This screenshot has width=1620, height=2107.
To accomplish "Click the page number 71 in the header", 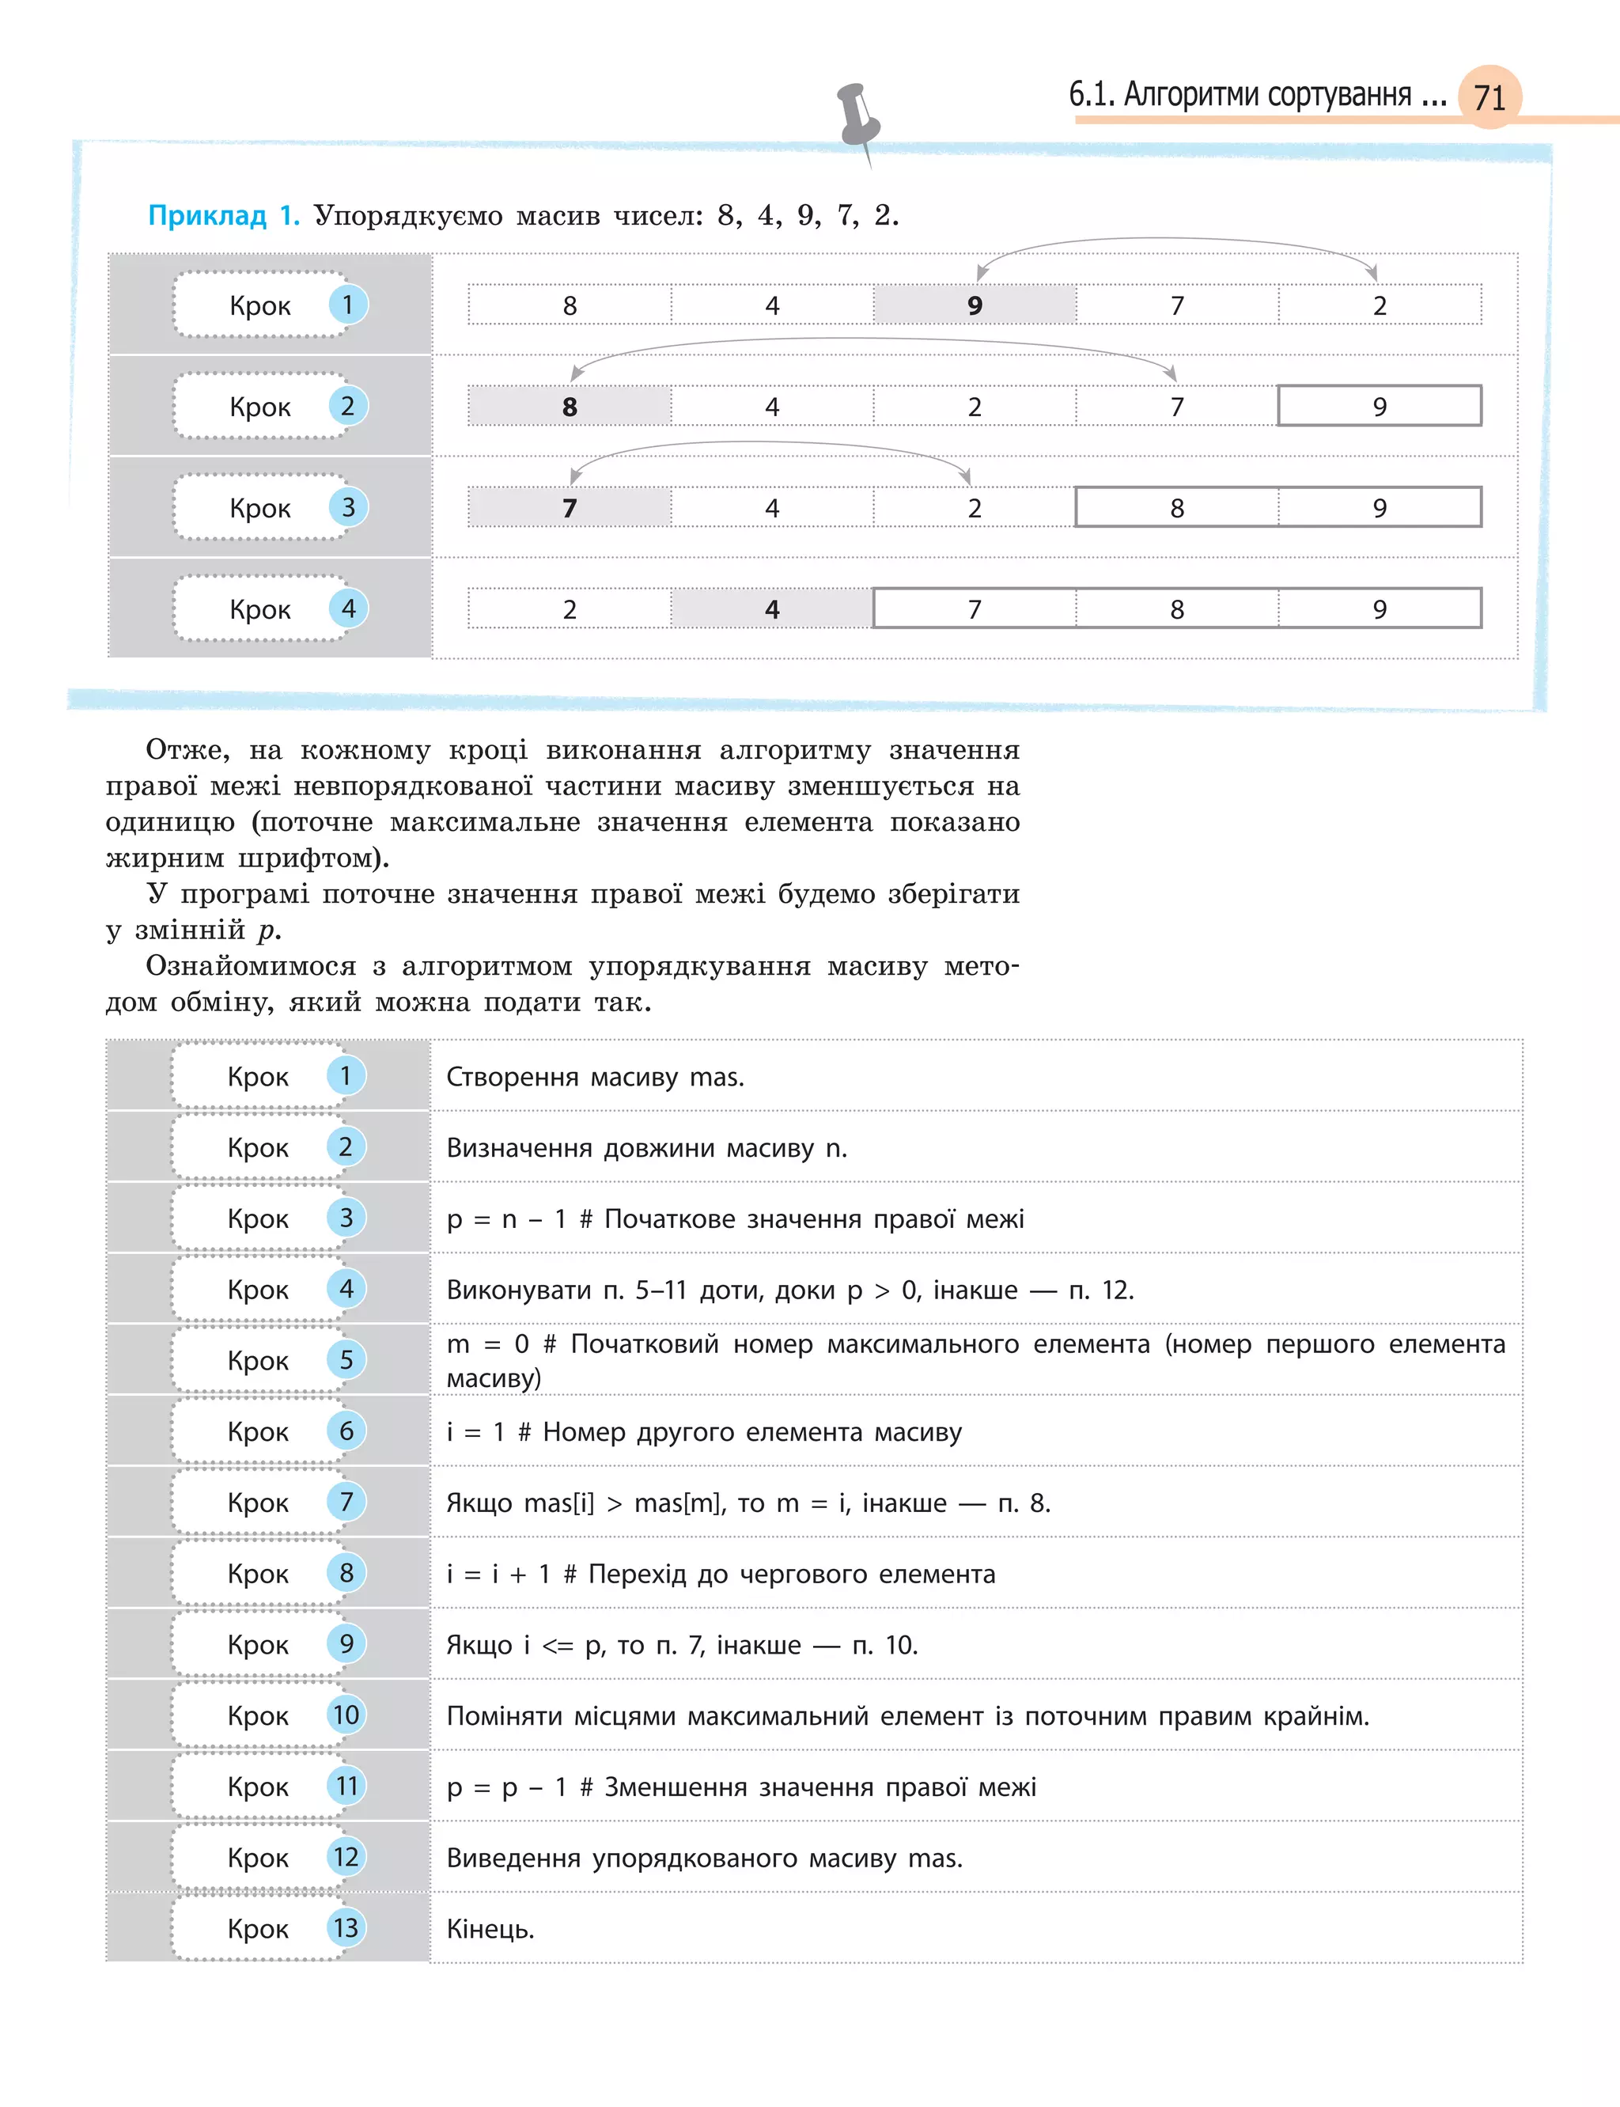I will (1489, 97).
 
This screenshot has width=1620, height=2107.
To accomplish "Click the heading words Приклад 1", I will (224, 215).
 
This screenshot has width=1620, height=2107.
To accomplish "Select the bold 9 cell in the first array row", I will (974, 305).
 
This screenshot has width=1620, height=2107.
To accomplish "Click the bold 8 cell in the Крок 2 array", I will (569, 406).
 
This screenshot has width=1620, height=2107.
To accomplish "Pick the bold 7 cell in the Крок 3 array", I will (569, 507).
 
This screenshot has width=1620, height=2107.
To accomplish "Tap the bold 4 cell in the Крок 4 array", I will (771, 608).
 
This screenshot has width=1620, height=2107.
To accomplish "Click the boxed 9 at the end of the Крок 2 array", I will (1379, 406).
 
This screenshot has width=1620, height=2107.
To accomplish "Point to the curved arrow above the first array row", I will (1176, 241).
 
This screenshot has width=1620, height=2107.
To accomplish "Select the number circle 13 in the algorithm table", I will (345, 1927).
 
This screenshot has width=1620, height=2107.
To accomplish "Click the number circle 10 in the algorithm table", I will (345, 1714).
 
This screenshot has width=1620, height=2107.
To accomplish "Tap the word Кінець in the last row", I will (490, 1929).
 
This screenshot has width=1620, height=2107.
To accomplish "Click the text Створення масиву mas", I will (595, 1076).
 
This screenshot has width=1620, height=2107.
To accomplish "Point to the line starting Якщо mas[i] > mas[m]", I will (748, 1503).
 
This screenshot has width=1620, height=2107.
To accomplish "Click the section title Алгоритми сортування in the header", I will (1267, 94).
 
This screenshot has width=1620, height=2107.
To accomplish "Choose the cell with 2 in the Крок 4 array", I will (569, 608).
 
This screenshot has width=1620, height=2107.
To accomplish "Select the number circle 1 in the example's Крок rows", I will (347, 305).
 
